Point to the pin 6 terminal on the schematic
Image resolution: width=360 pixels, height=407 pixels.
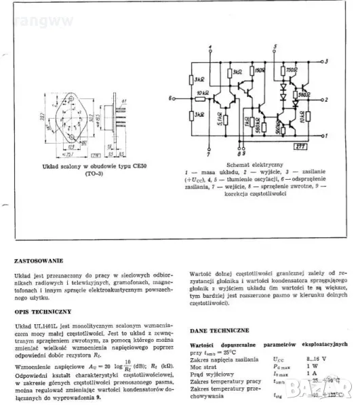click(x=166, y=99)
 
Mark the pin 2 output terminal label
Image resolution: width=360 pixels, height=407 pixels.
click(x=327, y=99)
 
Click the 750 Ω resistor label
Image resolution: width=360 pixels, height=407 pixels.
click(x=292, y=69)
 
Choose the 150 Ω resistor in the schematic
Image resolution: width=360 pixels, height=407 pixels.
click(x=259, y=69)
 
